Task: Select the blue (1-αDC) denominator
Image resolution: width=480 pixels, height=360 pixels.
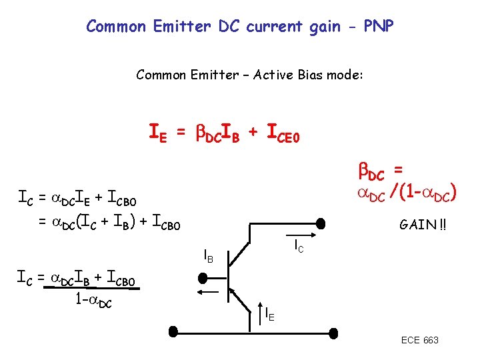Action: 428,194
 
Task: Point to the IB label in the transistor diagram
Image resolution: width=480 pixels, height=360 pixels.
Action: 208,256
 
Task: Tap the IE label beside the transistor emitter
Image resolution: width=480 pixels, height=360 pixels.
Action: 269,313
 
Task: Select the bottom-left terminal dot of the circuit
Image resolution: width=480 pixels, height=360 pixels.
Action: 173,331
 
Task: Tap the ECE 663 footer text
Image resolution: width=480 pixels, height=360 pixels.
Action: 419,340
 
